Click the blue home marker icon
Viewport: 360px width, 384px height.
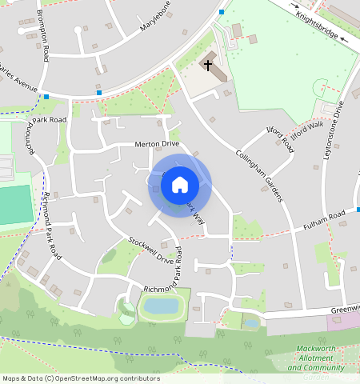click(x=180, y=185)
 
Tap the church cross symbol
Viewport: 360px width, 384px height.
click(x=209, y=64)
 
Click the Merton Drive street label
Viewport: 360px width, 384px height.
click(x=156, y=144)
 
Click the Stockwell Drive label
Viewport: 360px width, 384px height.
click(x=151, y=250)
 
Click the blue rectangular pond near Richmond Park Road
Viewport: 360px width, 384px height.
click(x=162, y=306)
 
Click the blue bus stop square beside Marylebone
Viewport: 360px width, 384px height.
click(x=99, y=93)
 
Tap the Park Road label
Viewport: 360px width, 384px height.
click(x=49, y=120)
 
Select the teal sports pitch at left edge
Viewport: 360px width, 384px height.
click(x=12, y=205)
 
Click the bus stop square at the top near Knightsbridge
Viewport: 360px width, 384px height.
click(x=221, y=12)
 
